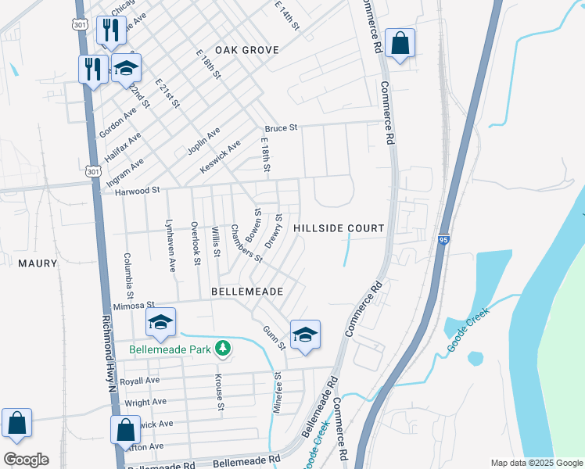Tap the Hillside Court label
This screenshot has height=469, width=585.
[339, 228]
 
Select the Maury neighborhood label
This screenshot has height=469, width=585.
[38, 263]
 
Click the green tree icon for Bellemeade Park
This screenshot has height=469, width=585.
[224, 348]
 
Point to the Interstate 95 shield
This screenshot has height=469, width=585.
[443, 242]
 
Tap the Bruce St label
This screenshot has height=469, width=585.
[281, 127]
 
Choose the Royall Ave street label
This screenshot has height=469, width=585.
[142, 381]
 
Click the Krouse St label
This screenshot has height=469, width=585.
[220, 392]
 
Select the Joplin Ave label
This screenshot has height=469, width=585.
[203, 141]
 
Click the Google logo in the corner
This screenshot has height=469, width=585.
[26, 460]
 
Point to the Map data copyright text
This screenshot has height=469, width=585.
[537, 463]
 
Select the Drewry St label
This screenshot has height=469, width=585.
[273, 230]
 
